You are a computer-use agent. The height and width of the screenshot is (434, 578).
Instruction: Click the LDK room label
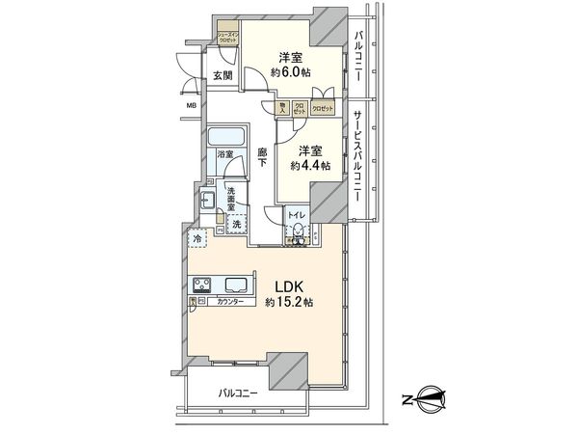tap(293, 285)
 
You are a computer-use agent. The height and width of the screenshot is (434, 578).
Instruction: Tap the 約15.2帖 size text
tap(291, 303)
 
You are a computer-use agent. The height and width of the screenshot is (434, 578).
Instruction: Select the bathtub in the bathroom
tap(228, 137)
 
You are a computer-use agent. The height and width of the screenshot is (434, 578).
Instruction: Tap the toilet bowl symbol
tap(300, 231)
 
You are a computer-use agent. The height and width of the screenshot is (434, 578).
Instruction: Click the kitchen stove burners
tap(204, 285)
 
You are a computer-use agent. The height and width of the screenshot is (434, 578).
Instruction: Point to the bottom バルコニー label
tap(237, 393)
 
